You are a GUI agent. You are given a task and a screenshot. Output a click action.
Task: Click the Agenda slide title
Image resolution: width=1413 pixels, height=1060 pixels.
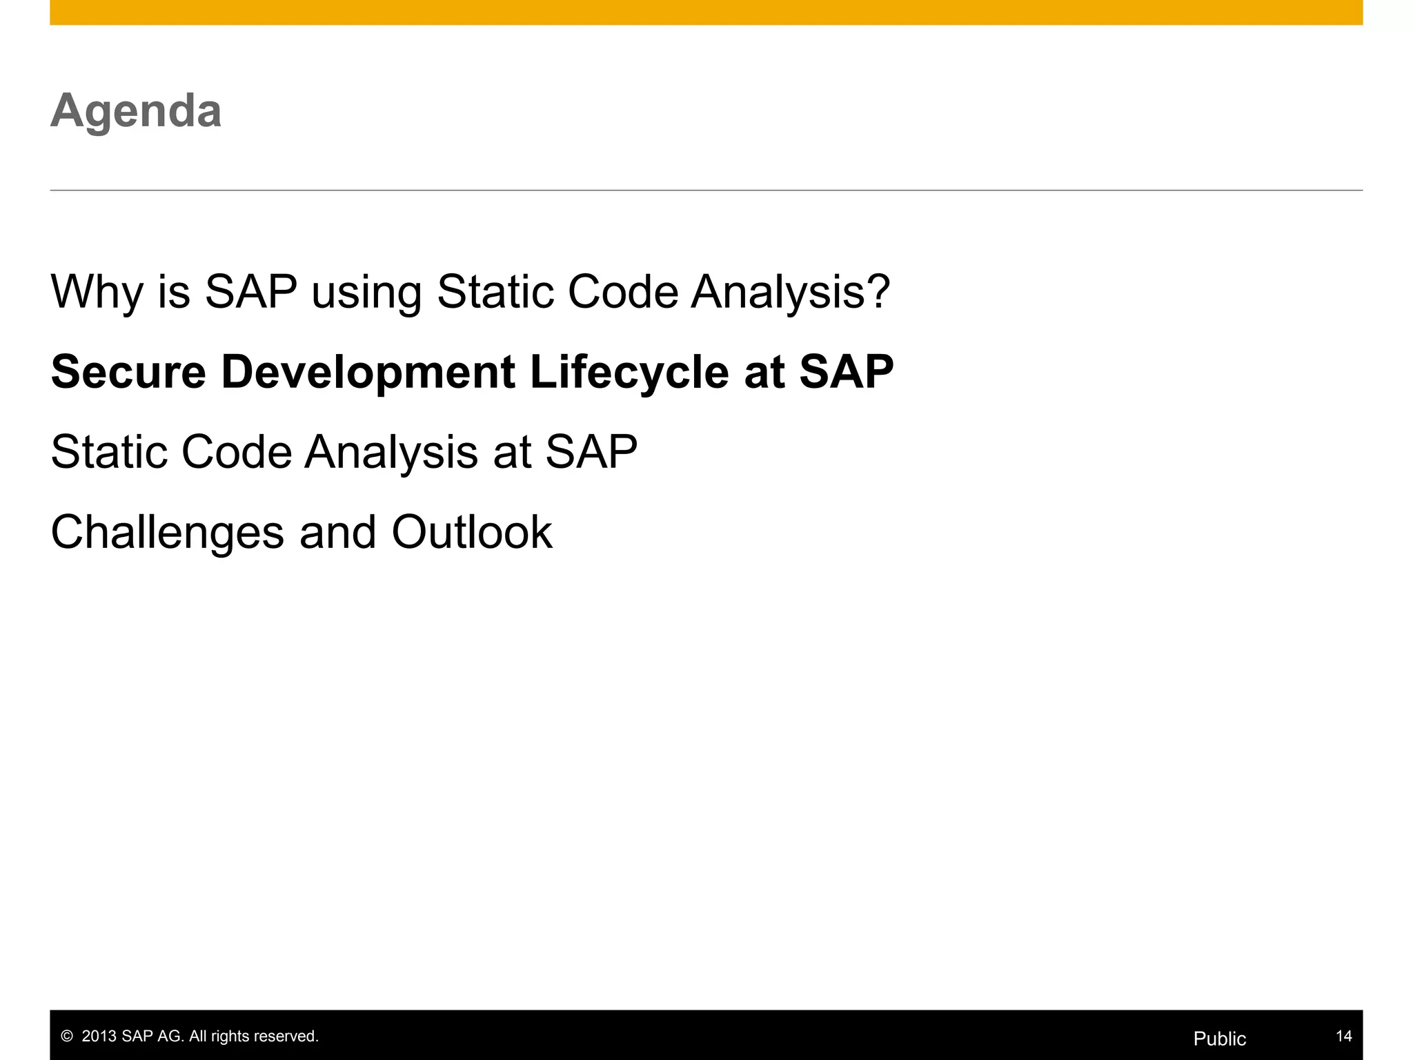(x=136, y=111)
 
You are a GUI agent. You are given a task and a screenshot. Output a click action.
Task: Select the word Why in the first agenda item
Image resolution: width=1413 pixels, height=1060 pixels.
(x=97, y=293)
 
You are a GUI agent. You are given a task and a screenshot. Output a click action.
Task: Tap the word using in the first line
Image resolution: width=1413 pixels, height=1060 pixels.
(x=366, y=293)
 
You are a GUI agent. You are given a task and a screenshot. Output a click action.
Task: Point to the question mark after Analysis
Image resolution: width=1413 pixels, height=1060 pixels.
(x=878, y=291)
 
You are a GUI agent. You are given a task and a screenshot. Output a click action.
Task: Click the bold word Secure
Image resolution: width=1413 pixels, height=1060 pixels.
(x=128, y=372)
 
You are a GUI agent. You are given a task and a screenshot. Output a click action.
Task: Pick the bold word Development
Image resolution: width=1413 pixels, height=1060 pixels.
(x=368, y=372)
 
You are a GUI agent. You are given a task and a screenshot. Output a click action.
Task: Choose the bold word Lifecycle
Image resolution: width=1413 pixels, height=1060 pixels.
(x=629, y=372)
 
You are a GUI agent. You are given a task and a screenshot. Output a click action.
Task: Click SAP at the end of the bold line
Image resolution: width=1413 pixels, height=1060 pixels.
(x=846, y=372)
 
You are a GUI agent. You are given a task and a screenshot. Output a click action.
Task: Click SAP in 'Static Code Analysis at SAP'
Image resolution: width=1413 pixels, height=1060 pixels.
(x=591, y=453)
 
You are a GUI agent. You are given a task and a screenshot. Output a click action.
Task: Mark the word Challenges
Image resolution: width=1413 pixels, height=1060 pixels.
(x=167, y=533)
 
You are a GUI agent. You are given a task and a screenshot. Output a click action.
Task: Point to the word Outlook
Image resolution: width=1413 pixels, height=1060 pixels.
(x=471, y=533)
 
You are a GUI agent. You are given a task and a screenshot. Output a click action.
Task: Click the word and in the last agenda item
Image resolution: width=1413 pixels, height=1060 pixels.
(x=337, y=533)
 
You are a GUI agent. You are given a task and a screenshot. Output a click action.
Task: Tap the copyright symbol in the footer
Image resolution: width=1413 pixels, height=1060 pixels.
(x=67, y=1037)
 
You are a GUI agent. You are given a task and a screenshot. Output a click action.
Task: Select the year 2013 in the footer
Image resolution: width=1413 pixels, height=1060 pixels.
(x=99, y=1037)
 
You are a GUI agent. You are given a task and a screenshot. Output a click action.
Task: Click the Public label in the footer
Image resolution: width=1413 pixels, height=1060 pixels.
(x=1219, y=1039)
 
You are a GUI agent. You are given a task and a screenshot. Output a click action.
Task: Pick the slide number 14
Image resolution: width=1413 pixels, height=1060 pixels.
(x=1343, y=1036)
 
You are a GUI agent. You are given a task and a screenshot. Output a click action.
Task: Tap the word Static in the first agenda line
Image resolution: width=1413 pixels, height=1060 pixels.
(x=495, y=293)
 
